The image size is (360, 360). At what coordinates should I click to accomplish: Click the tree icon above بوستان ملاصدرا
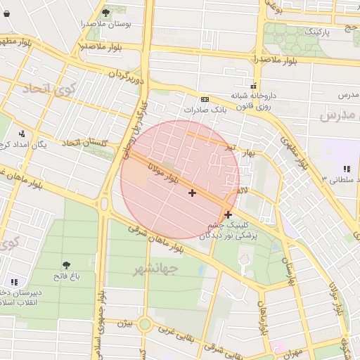click(x=105, y=12)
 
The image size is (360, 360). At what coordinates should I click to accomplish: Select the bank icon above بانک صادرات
click(x=205, y=99)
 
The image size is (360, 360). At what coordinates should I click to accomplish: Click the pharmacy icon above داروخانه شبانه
click(x=252, y=84)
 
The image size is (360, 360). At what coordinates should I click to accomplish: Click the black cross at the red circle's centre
click(x=192, y=193)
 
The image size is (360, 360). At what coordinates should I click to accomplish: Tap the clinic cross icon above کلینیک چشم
click(x=228, y=214)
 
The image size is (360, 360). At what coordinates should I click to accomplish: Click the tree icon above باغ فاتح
click(x=67, y=265)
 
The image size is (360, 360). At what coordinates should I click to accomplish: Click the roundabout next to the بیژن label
click(x=146, y=324)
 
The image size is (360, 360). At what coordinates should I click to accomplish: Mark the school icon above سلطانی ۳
click(x=346, y=169)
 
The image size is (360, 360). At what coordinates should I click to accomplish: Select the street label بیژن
click(x=124, y=324)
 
